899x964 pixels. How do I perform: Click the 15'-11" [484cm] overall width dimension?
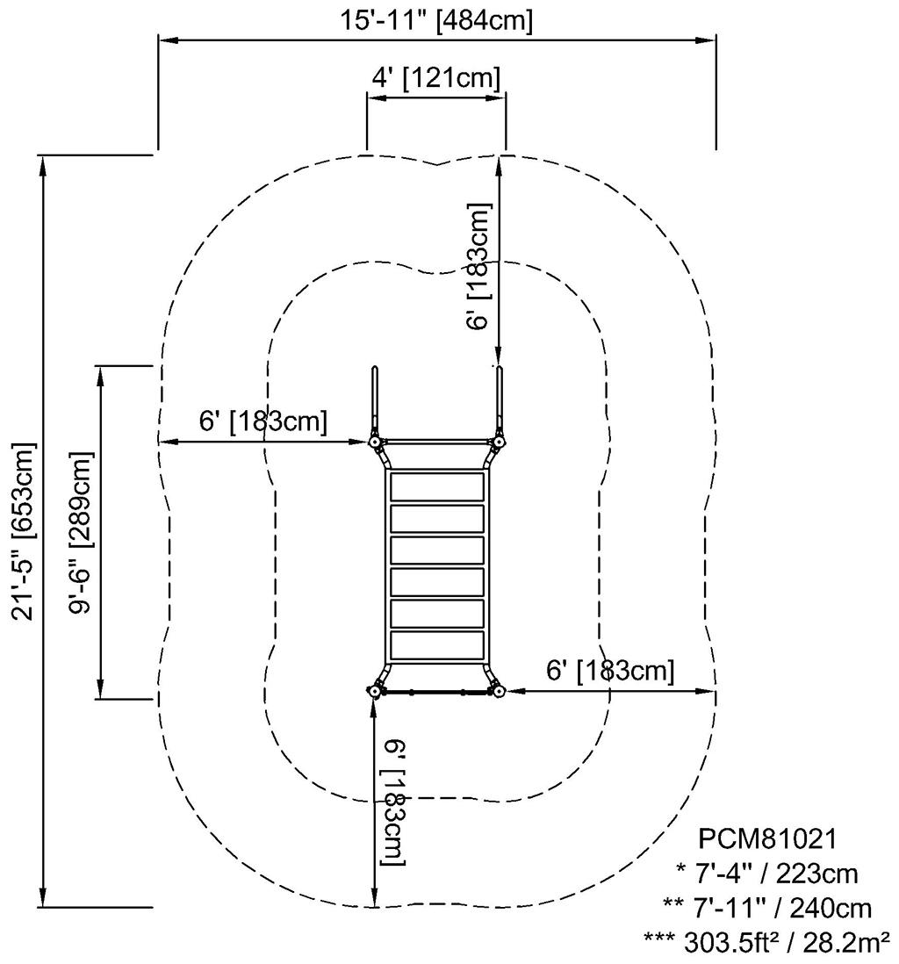point(437,20)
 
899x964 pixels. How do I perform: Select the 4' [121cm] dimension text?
point(436,77)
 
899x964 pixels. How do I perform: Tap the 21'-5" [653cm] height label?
point(24,530)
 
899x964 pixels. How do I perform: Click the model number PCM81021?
point(766,839)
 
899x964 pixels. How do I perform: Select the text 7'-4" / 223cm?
point(766,874)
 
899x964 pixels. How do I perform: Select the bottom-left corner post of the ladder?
point(376,692)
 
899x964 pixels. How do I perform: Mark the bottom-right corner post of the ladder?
point(498,692)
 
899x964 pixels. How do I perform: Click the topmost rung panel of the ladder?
point(437,486)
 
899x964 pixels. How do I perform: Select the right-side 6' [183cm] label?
point(610,672)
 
